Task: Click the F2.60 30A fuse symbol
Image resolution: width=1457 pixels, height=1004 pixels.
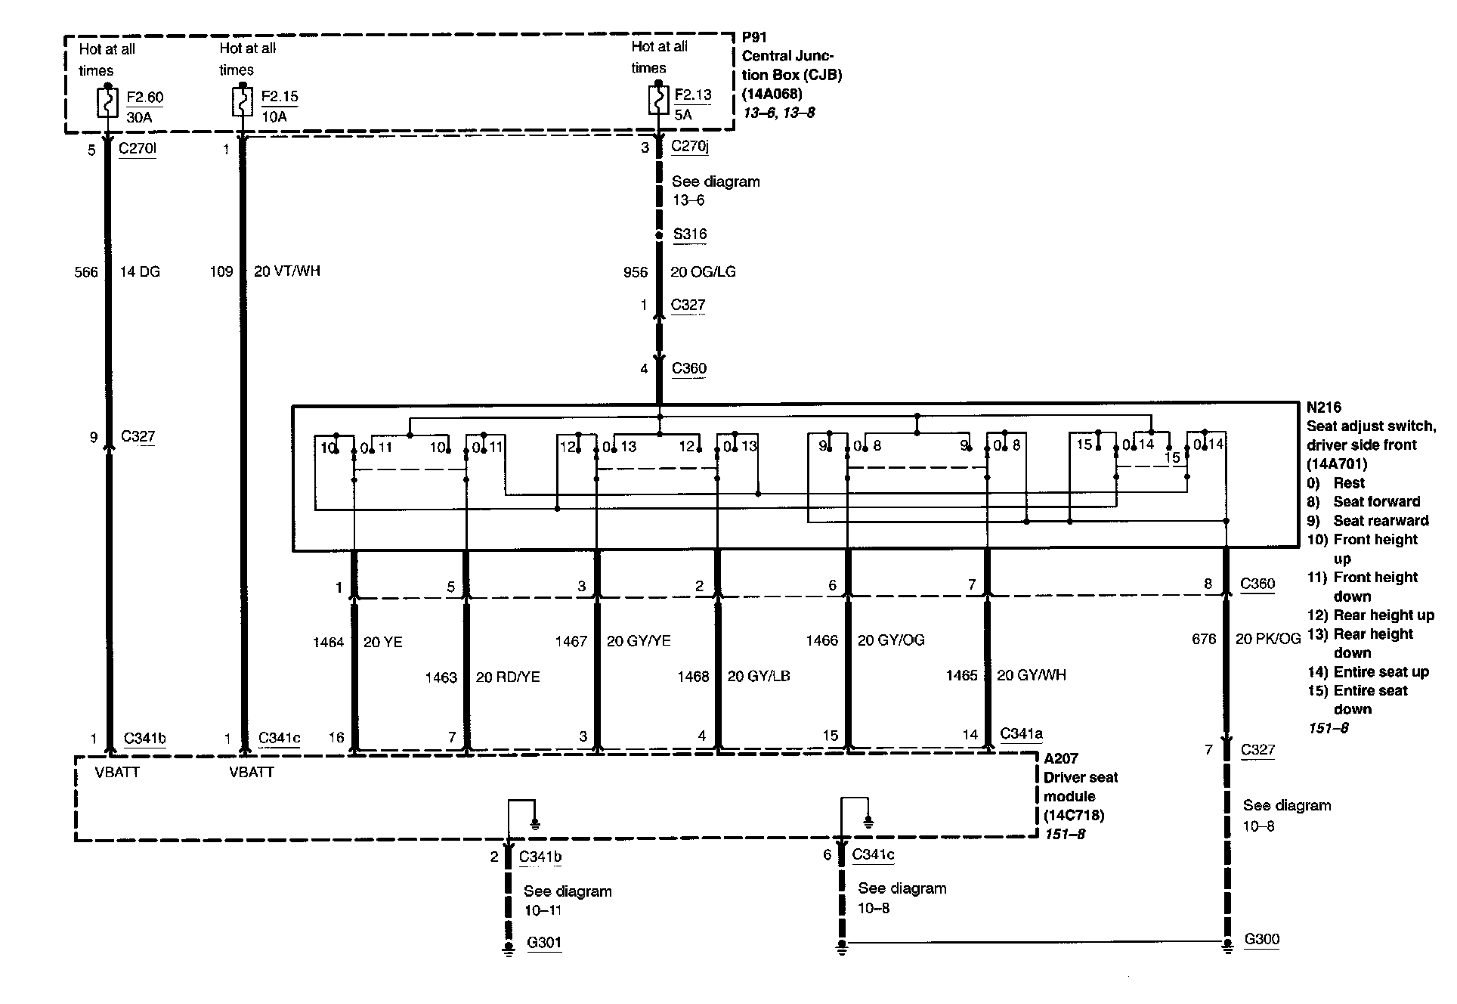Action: tap(108, 102)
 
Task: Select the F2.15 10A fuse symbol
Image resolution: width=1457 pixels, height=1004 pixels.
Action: tap(242, 101)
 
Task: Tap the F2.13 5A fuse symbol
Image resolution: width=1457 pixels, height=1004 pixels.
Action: tap(658, 100)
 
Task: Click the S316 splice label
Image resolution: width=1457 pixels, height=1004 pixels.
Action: tap(690, 234)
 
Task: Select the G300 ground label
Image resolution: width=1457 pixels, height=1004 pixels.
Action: tap(1261, 939)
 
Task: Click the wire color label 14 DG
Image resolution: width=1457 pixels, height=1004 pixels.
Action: tap(140, 271)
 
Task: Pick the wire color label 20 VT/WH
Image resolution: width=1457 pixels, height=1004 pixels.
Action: tap(287, 271)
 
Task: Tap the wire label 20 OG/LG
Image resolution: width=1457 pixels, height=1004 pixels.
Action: tap(703, 271)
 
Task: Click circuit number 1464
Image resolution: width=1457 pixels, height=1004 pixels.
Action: tap(328, 642)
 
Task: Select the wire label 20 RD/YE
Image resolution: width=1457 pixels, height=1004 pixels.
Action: tap(508, 677)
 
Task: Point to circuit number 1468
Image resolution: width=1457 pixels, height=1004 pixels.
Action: tap(693, 677)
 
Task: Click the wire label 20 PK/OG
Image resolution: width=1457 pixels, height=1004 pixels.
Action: tap(1268, 639)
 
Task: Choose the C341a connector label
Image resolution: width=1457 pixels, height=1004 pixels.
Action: tap(1021, 733)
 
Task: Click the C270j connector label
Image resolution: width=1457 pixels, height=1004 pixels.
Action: tap(690, 146)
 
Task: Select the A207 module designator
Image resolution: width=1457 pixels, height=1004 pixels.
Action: tap(1061, 758)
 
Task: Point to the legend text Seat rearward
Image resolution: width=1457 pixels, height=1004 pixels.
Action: tap(1381, 520)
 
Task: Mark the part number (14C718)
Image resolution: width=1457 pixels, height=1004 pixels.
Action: tap(1074, 815)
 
